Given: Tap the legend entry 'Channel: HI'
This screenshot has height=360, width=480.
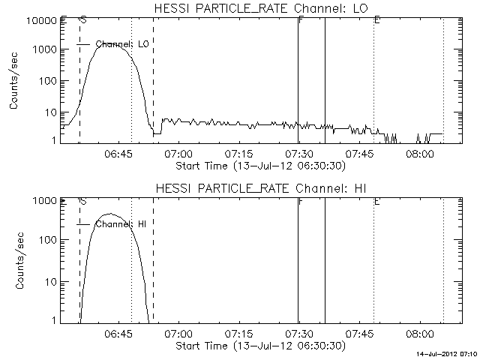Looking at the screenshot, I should (x=120, y=224).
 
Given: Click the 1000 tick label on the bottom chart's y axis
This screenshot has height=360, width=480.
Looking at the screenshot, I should (x=43, y=201).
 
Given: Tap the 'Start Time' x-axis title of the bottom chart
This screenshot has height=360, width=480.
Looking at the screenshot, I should (x=259, y=346).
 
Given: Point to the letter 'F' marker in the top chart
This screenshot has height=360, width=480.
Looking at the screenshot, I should (x=300, y=20).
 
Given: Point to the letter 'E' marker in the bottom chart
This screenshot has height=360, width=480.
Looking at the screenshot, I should (x=376, y=201).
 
